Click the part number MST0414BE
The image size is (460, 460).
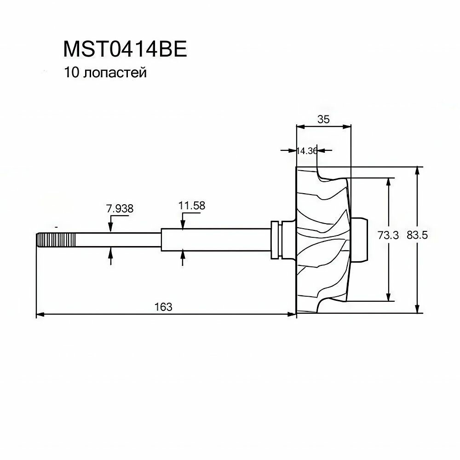click(125, 50)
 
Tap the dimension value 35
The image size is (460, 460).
click(323, 119)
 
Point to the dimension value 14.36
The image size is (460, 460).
click(307, 150)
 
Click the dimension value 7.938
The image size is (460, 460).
click(120, 208)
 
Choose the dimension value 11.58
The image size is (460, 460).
click(192, 206)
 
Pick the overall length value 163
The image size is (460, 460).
click(163, 306)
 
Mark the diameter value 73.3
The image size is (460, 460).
click(387, 235)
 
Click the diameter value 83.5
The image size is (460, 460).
click(417, 235)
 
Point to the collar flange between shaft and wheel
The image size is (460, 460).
click(276, 239)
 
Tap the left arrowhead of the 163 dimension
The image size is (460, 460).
click(39, 315)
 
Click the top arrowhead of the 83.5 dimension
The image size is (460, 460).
click(417, 170)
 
